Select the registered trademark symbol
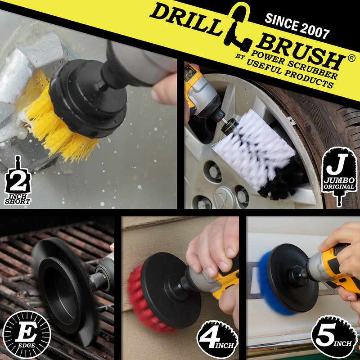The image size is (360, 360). [x=351, y=58]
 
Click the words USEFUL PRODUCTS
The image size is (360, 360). [x=290, y=73]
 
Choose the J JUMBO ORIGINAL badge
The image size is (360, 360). [x=339, y=176]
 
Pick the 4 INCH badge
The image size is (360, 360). [x=217, y=339]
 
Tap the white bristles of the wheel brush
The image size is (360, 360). [x=252, y=147]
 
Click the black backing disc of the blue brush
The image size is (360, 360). [x=293, y=278]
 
